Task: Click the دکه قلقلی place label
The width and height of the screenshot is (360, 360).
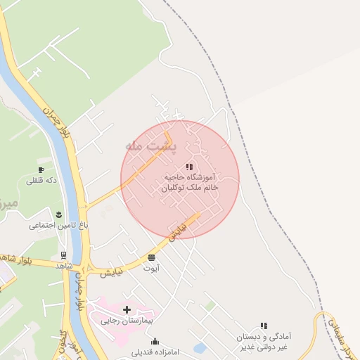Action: click(x=41, y=181)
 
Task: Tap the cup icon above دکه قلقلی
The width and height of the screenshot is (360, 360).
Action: click(x=41, y=170)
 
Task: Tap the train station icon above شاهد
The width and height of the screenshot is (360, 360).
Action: click(x=64, y=255)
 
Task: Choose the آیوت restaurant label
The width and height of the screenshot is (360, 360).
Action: click(x=152, y=268)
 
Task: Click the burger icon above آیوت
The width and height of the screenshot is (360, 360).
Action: click(x=152, y=257)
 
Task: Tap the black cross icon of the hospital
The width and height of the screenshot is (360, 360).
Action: click(x=127, y=309)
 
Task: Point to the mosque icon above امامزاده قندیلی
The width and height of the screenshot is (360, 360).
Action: click(x=155, y=342)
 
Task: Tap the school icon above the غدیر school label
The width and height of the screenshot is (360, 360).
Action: click(x=264, y=326)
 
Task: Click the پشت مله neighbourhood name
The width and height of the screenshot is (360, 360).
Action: click(x=151, y=146)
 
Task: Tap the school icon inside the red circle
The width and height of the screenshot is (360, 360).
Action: click(x=189, y=167)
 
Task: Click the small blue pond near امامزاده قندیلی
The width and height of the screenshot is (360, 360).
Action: click(x=199, y=347)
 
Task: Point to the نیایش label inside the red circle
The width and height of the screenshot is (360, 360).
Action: click(x=180, y=229)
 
